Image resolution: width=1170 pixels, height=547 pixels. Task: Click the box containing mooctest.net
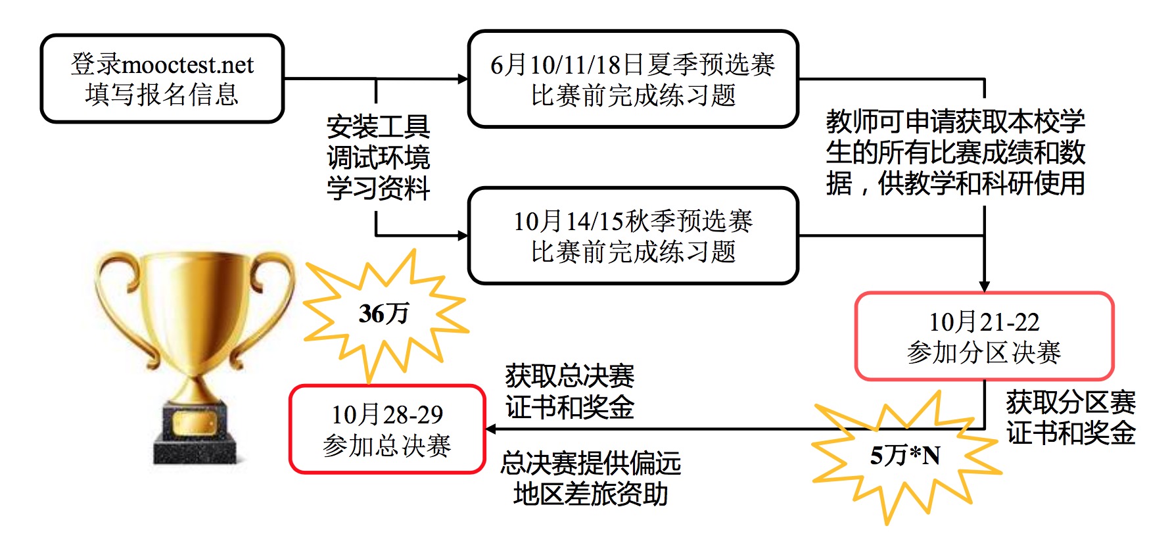(x=162, y=79)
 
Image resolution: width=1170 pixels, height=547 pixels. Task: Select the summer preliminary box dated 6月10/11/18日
(x=632, y=79)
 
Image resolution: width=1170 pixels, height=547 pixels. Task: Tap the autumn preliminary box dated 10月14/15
(x=632, y=236)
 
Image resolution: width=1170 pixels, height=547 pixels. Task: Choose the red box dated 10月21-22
(x=984, y=337)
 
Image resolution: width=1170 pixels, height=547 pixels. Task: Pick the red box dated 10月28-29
(x=387, y=429)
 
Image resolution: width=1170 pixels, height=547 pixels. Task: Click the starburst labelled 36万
(x=385, y=314)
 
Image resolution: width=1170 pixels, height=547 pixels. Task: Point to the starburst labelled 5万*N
(x=905, y=456)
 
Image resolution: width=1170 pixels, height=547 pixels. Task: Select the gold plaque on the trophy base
(x=195, y=423)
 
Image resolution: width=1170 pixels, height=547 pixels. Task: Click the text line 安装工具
(x=378, y=126)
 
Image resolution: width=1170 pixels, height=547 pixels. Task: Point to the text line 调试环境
(x=378, y=157)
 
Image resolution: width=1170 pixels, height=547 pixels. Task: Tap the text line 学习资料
(x=378, y=188)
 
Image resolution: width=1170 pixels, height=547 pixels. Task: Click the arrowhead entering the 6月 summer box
(x=463, y=79)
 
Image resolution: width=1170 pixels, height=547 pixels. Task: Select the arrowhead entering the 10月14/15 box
(x=463, y=235)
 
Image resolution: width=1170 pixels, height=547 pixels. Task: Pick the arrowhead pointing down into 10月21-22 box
(x=984, y=286)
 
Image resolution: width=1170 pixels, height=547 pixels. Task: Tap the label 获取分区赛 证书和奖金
(x=1070, y=417)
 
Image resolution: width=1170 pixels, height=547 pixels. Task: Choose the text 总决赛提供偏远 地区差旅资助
(x=590, y=478)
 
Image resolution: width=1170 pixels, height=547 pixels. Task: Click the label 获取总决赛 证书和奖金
(x=569, y=392)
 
